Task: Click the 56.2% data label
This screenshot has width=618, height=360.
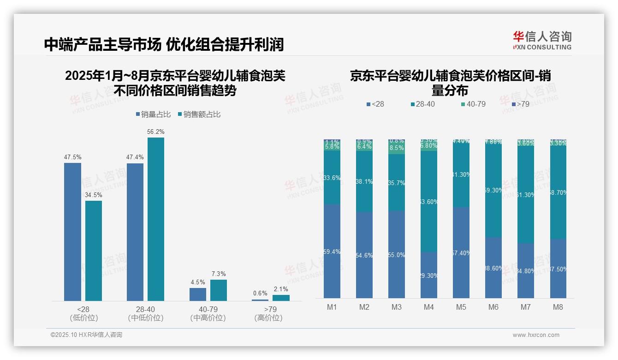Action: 156,132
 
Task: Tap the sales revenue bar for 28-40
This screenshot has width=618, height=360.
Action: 156,219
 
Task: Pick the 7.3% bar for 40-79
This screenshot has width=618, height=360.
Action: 219,290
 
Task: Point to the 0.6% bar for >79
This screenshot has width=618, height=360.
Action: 260,300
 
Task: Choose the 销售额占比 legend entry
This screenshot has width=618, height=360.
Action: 199,114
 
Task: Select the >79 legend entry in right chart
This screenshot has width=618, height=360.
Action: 520,104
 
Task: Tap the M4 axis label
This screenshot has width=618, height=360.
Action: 428,307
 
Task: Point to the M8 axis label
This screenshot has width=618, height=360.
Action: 558,307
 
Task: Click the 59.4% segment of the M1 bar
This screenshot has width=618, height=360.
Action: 332,252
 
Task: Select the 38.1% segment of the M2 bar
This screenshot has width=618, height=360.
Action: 364,181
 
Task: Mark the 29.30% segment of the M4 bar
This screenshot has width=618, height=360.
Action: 428,275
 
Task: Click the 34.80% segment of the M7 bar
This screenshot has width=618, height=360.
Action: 526,270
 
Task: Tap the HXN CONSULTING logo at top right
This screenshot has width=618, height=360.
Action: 542,40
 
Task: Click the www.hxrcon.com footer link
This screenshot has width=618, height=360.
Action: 536,335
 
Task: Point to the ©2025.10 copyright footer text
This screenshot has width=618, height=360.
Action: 86,335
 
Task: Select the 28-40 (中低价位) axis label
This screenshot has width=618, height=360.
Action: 145,313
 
